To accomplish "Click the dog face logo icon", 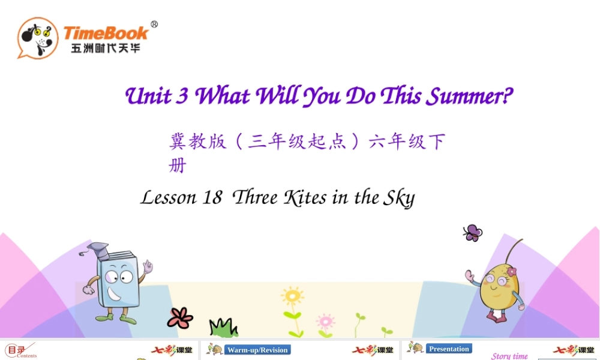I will (x=37, y=38).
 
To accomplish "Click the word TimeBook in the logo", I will (x=106, y=32).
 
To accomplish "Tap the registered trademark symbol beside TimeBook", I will (x=154, y=25).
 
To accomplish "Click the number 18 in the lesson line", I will (x=212, y=197).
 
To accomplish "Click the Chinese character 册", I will (x=178, y=165).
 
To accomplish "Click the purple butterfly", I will (x=473, y=233).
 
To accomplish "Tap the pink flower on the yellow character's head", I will (x=511, y=271).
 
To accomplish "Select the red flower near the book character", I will (x=180, y=317).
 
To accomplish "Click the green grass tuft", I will (x=223, y=328).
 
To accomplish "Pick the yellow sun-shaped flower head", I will (x=292, y=296).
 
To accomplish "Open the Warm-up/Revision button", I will (x=257, y=350).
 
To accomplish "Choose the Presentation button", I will (x=449, y=349).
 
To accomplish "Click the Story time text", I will (x=509, y=356).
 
